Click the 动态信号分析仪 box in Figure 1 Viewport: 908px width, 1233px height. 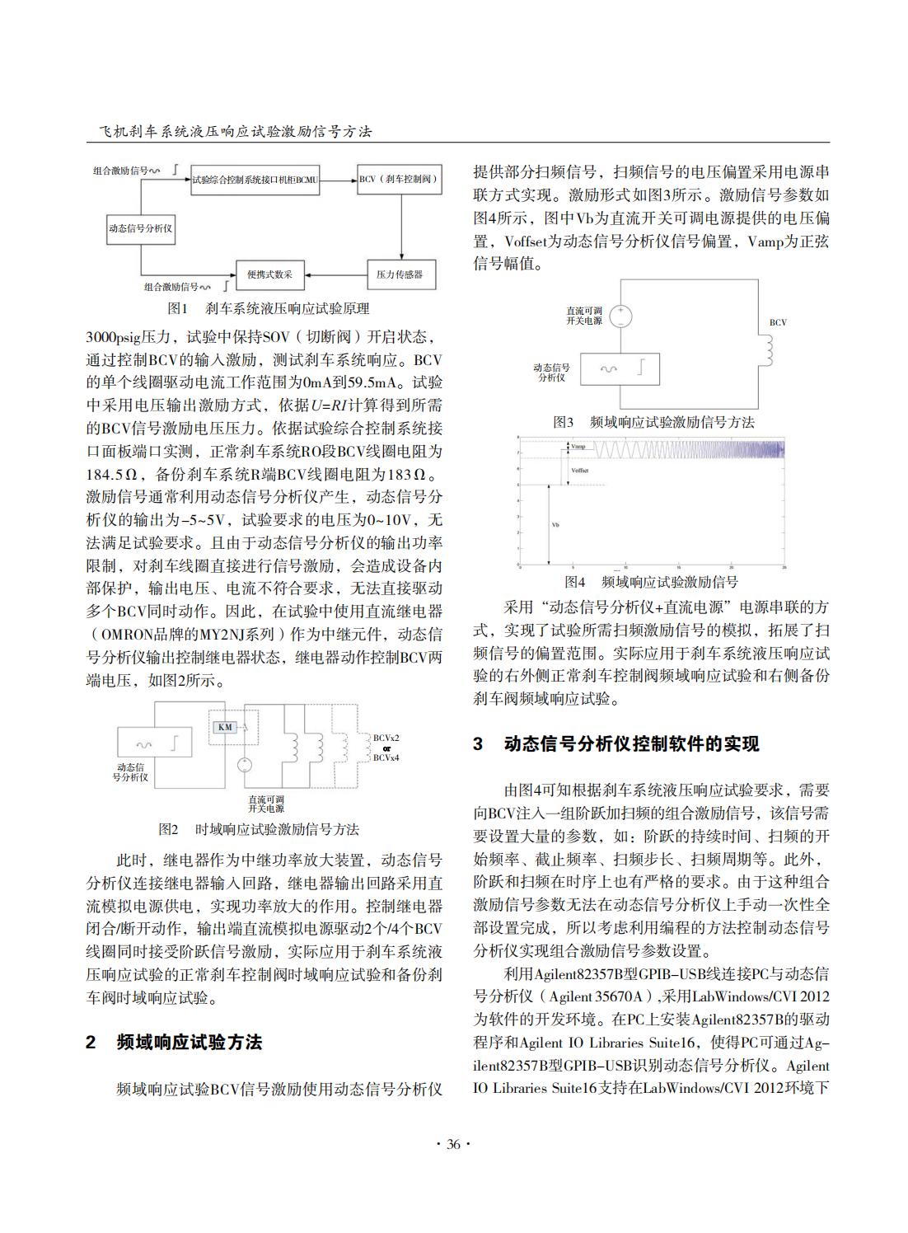[x=141, y=228]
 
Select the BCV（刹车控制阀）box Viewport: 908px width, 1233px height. [x=400, y=179]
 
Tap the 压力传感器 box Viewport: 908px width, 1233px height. [x=400, y=274]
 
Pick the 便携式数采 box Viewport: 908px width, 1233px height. [x=270, y=274]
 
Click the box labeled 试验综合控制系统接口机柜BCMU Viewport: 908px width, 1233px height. [x=255, y=179]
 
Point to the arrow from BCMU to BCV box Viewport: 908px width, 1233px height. [x=338, y=179]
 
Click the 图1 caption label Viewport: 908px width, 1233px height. [x=178, y=308]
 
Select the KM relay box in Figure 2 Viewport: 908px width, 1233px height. [x=225, y=727]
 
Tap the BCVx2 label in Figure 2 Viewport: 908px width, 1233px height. [x=386, y=738]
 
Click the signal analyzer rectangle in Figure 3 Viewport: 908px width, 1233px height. [x=620, y=368]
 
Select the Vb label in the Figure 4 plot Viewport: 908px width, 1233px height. [x=555, y=524]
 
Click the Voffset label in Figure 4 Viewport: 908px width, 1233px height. [x=580, y=470]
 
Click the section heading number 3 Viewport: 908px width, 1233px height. [x=479, y=744]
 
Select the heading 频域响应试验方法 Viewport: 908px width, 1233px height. [x=190, y=1043]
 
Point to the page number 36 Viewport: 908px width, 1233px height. [x=453, y=1143]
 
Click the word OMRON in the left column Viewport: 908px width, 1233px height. [x=127, y=635]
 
